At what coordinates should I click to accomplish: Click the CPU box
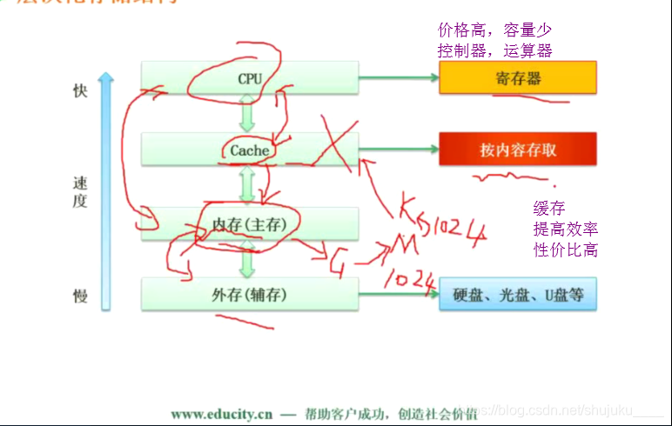coord(250,78)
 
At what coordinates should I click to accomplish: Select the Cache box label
coord(250,150)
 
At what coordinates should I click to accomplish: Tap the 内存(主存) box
coord(250,223)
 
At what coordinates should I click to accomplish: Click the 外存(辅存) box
coord(250,295)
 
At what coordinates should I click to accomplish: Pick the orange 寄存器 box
coord(518,78)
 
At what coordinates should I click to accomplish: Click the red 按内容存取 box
coord(518,150)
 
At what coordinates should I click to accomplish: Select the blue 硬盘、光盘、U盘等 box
coord(518,295)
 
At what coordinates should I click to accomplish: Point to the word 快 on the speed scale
coord(81,91)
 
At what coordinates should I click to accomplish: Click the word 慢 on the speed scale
coord(81,296)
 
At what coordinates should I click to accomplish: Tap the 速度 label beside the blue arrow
coord(81,191)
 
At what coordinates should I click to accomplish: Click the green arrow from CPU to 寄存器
coord(399,78)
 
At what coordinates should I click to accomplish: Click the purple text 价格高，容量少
coord(494,31)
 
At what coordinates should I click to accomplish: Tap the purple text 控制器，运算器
coord(494,50)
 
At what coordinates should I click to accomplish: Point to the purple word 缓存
coord(549,209)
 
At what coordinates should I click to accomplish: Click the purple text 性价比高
coord(565,250)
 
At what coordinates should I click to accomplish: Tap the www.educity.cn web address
coord(220,414)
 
